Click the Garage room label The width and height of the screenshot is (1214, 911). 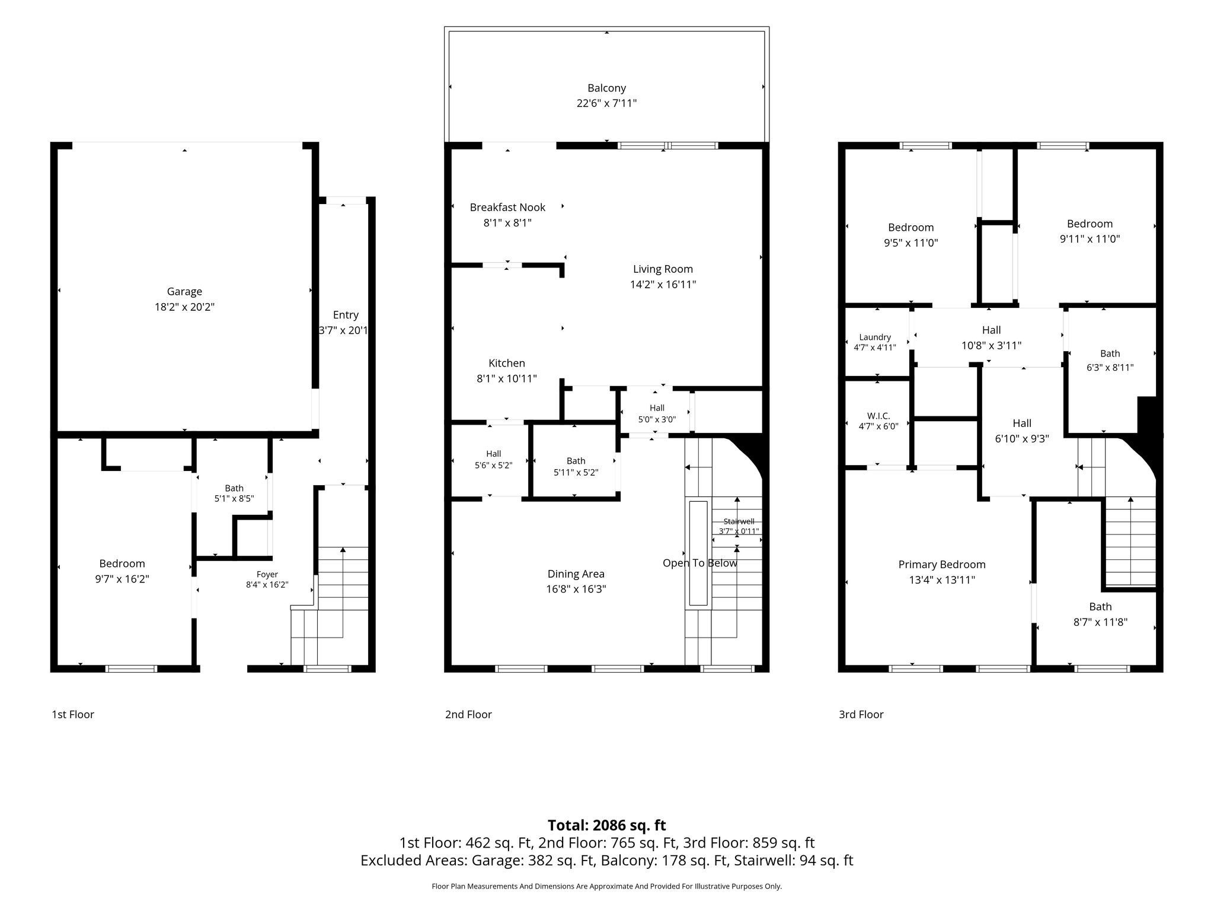pos(184,291)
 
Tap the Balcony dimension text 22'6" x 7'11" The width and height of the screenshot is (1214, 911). pos(606,103)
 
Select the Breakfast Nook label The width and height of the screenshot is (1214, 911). pos(507,207)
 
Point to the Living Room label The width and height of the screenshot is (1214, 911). pos(663,269)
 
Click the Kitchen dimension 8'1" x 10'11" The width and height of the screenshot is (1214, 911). pos(507,378)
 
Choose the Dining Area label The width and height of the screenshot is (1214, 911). pos(576,574)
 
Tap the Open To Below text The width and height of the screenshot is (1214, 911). pos(700,563)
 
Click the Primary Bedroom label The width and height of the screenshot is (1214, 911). pos(942,565)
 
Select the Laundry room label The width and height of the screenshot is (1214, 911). pos(875,337)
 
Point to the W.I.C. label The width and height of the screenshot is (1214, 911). pos(878,416)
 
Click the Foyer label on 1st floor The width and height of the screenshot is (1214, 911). pos(267,574)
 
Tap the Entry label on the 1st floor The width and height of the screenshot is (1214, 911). pos(346,315)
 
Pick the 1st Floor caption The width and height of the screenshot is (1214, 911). pos(73,715)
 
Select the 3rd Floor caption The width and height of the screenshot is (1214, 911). pos(861,715)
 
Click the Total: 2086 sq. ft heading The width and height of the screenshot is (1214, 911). pos(607,825)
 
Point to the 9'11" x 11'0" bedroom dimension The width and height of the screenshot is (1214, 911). pos(1090,239)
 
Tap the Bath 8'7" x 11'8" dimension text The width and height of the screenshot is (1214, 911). pos(1100,622)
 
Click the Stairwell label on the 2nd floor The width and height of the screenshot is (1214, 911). pos(739,521)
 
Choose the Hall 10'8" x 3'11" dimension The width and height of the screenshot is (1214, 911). pos(992,345)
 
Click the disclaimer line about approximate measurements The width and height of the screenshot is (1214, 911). pos(607,886)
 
